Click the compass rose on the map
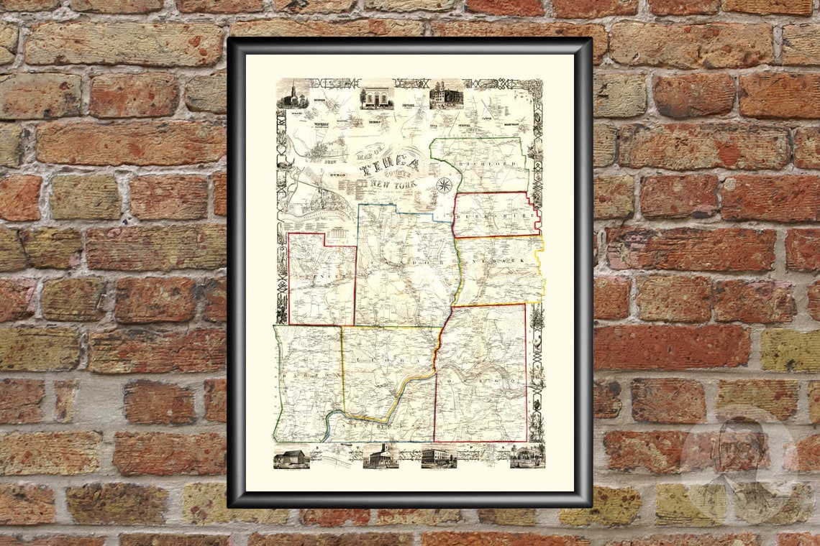click(x=444, y=185)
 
